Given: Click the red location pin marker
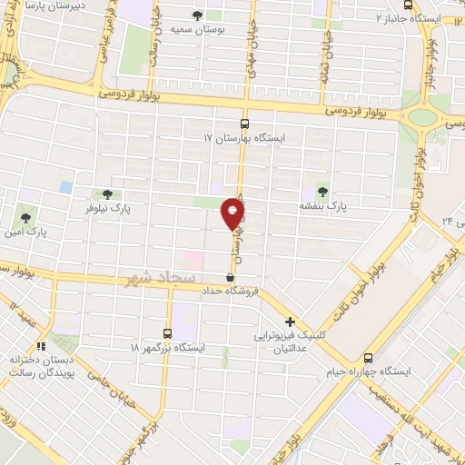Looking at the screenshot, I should [233, 214].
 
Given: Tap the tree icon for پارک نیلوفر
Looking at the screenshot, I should [108, 193].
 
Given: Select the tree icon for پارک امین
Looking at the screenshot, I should [25, 218].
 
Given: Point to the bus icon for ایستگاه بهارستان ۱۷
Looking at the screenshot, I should [243, 124].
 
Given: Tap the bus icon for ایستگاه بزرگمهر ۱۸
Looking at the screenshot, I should [167, 332].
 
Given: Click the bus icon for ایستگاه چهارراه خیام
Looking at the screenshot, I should [368, 358].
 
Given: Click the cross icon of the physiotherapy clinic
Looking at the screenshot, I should [290, 322].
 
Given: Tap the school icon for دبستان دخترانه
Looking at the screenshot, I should [40, 347].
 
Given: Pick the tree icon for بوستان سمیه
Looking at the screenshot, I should [198, 15].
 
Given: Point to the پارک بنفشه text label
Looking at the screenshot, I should [324, 206].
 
